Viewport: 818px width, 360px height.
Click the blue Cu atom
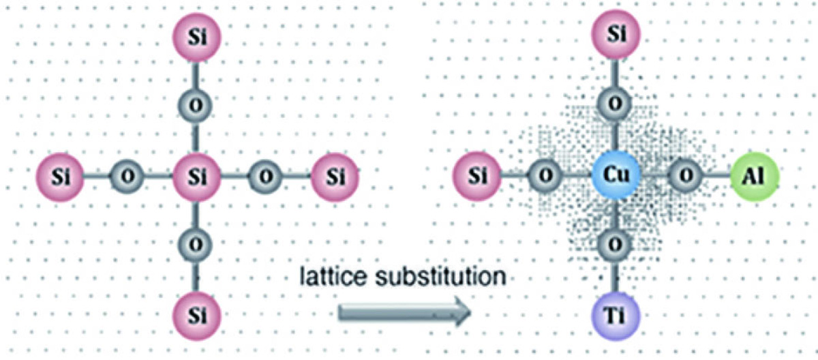click(616, 176)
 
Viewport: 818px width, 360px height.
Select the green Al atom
click(755, 177)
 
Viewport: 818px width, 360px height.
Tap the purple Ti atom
click(616, 316)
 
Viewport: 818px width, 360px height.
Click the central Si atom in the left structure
click(197, 177)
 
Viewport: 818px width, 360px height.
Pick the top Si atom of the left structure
click(197, 37)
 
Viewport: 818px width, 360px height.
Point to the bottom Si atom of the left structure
click(197, 316)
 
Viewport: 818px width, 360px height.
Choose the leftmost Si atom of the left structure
click(60, 177)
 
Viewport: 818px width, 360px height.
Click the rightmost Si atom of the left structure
click(335, 177)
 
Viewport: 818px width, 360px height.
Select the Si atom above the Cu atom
click(616, 34)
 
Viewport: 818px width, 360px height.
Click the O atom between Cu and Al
click(686, 177)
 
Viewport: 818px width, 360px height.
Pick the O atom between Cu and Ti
click(616, 245)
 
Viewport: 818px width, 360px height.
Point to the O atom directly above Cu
click(616, 104)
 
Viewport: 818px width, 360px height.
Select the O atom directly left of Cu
click(545, 177)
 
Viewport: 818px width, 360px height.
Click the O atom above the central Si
click(196, 106)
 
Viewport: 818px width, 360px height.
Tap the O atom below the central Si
click(196, 245)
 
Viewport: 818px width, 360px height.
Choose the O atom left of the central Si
click(127, 177)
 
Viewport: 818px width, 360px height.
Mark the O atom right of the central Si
click(265, 177)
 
